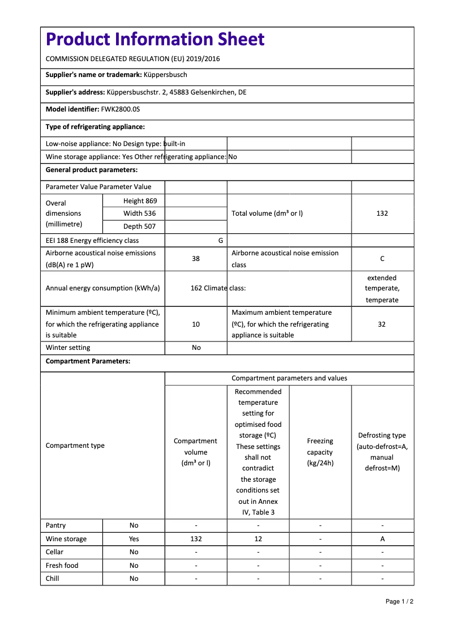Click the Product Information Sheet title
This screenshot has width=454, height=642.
coord(155,40)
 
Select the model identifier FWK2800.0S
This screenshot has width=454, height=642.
coord(120,110)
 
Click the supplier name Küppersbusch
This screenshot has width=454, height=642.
coord(165,75)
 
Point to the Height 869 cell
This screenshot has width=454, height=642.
coord(140,201)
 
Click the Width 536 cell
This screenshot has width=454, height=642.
coord(140,213)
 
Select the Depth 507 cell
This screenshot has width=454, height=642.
coord(140,226)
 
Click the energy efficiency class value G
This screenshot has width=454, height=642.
coord(220,241)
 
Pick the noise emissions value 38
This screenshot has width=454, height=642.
coord(196,259)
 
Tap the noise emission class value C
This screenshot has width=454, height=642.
coord(382,259)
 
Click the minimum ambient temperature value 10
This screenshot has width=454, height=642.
coord(196,324)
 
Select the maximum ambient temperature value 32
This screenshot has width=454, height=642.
coord(382,324)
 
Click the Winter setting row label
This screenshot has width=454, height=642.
coord(68,348)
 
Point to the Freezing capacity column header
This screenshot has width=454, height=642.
coord(320,452)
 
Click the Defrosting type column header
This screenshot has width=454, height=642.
coord(382,452)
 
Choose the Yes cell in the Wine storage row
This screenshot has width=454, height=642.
coord(134,539)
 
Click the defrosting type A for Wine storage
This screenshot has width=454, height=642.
coord(382,539)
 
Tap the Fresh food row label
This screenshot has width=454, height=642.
coord(62,566)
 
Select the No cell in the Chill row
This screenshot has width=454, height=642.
coord(134,579)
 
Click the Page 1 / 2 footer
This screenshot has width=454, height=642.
coord(399,601)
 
